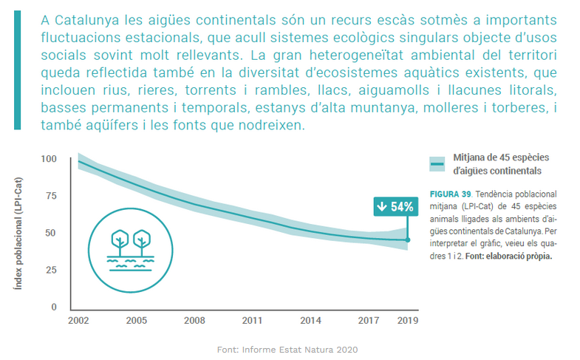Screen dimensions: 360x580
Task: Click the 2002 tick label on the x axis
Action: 78,322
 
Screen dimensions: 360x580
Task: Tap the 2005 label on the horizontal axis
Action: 136,322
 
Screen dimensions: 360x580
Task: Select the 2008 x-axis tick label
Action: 194,322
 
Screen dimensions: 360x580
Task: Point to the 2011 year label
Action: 253,322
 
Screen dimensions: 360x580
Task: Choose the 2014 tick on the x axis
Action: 311,322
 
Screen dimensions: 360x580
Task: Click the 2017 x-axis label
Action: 369,322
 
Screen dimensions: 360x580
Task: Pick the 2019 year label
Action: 407,322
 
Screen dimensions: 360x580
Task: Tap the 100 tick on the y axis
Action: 49,159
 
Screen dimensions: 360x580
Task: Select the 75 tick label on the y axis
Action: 51,196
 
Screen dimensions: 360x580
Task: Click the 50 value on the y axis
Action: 51,233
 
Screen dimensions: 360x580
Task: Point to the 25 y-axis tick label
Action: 51,270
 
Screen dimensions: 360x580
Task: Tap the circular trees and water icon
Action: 129,245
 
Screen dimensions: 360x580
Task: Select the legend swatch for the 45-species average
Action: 437,164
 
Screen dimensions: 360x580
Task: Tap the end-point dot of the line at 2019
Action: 407,240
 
